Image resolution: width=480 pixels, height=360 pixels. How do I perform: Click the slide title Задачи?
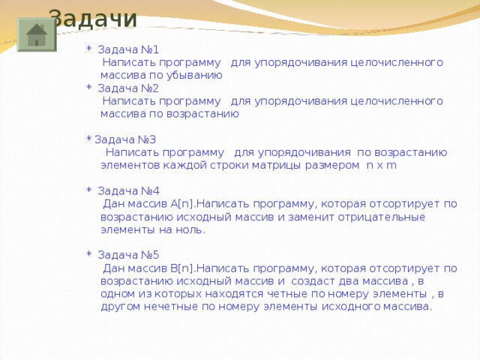coord(93,17)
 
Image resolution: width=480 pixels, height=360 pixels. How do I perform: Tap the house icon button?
coord(36,35)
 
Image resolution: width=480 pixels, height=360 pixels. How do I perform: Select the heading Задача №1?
coord(128,50)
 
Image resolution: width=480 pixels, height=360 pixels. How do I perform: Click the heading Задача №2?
coord(128,88)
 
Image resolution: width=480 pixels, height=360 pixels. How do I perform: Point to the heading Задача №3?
coord(125,139)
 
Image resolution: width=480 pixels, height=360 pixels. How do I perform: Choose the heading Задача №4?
coord(128,190)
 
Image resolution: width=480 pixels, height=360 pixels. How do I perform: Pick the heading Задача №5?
coord(128,254)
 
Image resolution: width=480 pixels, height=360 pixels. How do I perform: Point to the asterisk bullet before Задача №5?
coord(89,255)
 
